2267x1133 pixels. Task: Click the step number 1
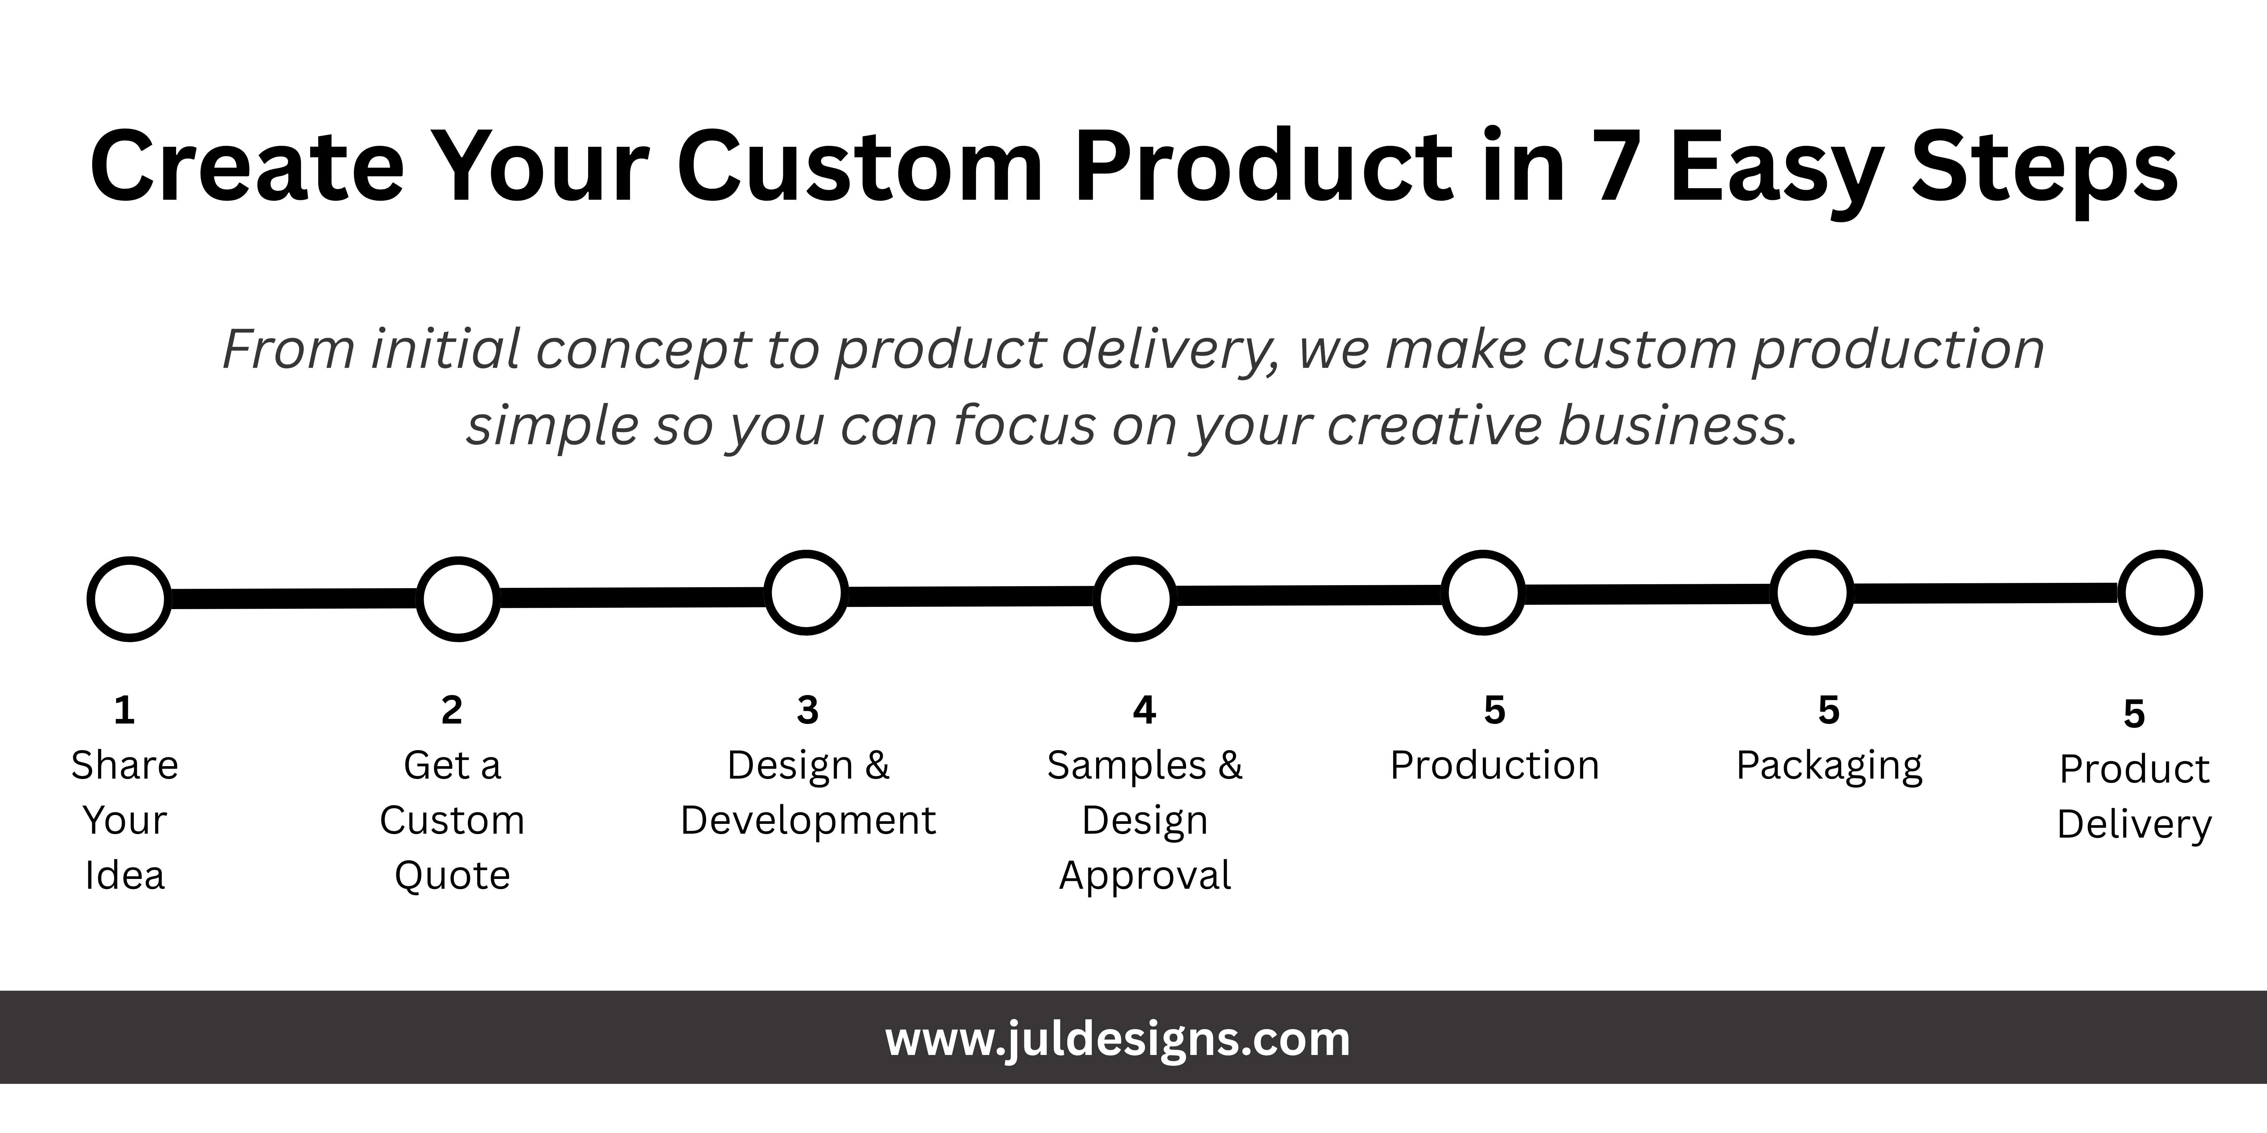coord(124,710)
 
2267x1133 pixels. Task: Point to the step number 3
coord(808,710)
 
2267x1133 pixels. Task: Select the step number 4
coord(1144,710)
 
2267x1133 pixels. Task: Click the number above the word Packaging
coord(1829,710)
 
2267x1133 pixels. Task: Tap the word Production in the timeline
coord(1494,765)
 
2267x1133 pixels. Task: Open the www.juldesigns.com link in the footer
coord(1118,1040)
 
